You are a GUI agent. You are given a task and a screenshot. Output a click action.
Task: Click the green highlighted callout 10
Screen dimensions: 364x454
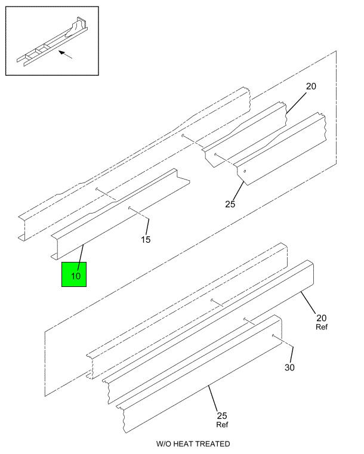pyautogui.click(x=74, y=274)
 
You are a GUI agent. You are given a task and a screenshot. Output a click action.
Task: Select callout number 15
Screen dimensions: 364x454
pyautogui.click(x=146, y=239)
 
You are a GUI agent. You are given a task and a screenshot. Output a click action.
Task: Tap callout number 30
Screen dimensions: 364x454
pyautogui.click(x=289, y=367)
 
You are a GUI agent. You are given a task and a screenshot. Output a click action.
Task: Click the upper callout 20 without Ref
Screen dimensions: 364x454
pyautogui.click(x=311, y=86)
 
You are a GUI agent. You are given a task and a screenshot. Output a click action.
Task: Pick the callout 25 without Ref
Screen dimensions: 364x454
pyautogui.click(x=230, y=204)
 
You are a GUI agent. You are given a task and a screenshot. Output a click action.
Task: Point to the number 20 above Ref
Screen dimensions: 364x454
pyautogui.click(x=322, y=318)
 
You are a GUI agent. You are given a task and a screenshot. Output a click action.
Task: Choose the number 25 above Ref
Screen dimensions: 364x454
pyautogui.click(x=222, y=416)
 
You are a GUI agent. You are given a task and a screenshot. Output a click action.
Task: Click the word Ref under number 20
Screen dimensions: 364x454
pyautogui.click(x=322, y=327)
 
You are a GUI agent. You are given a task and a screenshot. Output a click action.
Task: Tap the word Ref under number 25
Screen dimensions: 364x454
pyautogui.click(x=222, y=425)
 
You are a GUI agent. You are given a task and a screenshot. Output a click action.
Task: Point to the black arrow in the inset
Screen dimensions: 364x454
pyautogui.click(x=66, y=54)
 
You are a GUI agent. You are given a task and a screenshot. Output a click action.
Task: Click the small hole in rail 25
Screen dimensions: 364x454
pyautogui.click(x=245, y=171)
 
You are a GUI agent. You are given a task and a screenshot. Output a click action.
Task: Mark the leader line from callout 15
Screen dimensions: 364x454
pyautogui.click(x=147, y=227)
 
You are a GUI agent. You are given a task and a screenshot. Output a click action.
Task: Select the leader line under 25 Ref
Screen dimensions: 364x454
pyautogui.click(x=212, y=399)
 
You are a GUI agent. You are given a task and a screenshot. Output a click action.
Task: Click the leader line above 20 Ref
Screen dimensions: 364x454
pyautogui.click(x=308, y=302)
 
